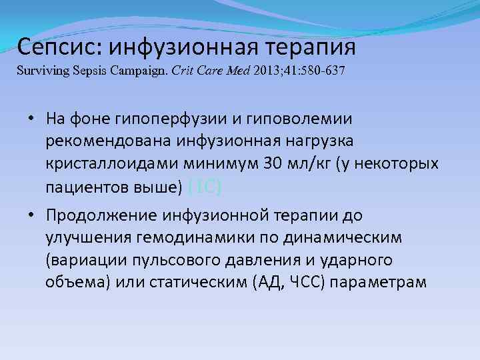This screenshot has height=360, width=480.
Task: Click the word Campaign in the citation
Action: coord(140,70)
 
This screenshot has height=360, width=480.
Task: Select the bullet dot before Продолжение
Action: coord(32,215)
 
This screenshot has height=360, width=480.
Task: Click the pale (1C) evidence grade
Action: coord(204,187)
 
